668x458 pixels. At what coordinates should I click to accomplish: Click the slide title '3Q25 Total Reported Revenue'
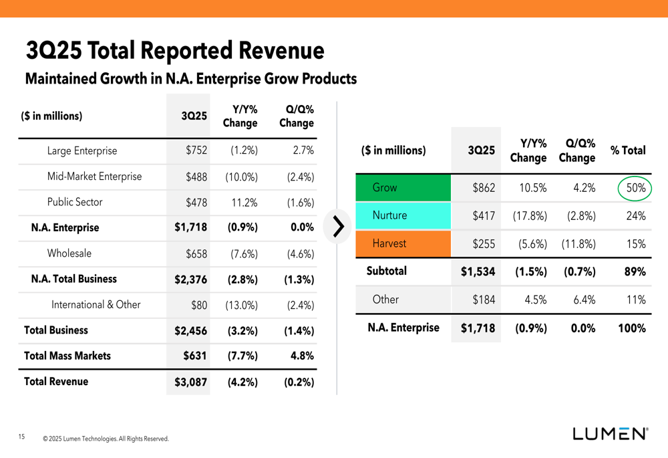coord(175,51)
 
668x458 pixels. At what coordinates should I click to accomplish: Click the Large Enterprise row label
coord(81,151)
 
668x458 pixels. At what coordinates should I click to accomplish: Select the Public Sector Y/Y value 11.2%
coord(244,203)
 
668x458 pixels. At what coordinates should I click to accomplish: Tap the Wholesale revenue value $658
coord(196,253)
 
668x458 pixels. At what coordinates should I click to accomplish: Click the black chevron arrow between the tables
coord(339,227)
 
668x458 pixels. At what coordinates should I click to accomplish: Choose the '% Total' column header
coord(628,150)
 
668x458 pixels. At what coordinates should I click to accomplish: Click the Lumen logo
coord(609,433)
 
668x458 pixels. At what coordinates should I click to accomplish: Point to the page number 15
coord(21,437)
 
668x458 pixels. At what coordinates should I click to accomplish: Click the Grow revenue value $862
coord(484,188)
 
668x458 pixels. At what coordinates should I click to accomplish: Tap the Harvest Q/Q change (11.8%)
coord(578,244)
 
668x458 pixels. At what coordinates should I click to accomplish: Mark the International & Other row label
coord(96,305)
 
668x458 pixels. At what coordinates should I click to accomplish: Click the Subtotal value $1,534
coord(478,271)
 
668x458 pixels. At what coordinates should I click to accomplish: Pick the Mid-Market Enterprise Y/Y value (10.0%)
coord(242,177)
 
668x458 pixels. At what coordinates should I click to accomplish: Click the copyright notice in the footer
coord(106,439)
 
